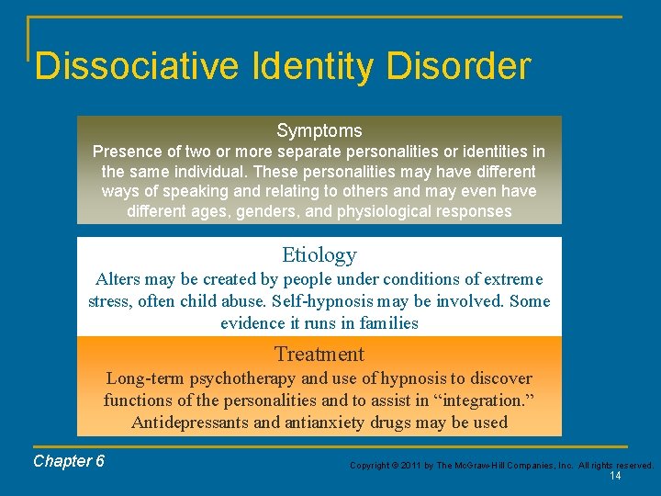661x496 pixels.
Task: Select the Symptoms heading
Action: point(319,130)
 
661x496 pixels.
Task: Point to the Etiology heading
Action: point(319,255)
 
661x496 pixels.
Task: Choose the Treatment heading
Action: point(319,354)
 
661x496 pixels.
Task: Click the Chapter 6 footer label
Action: point(69,461)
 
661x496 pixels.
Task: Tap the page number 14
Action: point(615,476)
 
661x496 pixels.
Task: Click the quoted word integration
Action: point(487,400)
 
